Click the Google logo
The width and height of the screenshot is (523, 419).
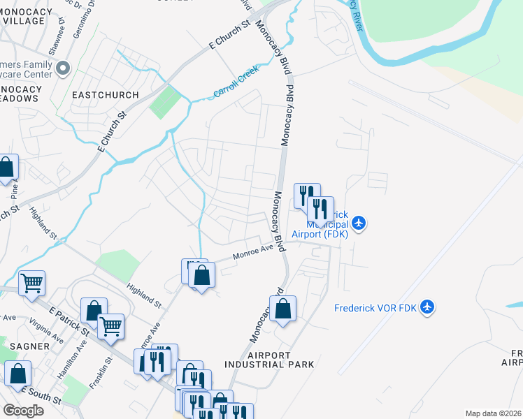(x=22, y=411)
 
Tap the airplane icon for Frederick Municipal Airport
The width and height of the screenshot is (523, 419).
(x=359, y=223)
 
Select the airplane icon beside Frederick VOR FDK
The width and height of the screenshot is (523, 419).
(x=428, y=307)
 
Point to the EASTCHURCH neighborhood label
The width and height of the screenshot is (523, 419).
(x=106, y=94)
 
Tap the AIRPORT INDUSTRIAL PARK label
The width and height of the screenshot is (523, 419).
(x=269, y=360)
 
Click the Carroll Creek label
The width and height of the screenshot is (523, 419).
(x=236, y=83)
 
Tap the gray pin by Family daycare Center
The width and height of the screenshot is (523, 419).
(x=64, y=68)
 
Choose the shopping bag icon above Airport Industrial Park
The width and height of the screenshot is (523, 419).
(x=282, y=308)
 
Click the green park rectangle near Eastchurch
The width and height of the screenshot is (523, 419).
(x=165, y=102)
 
